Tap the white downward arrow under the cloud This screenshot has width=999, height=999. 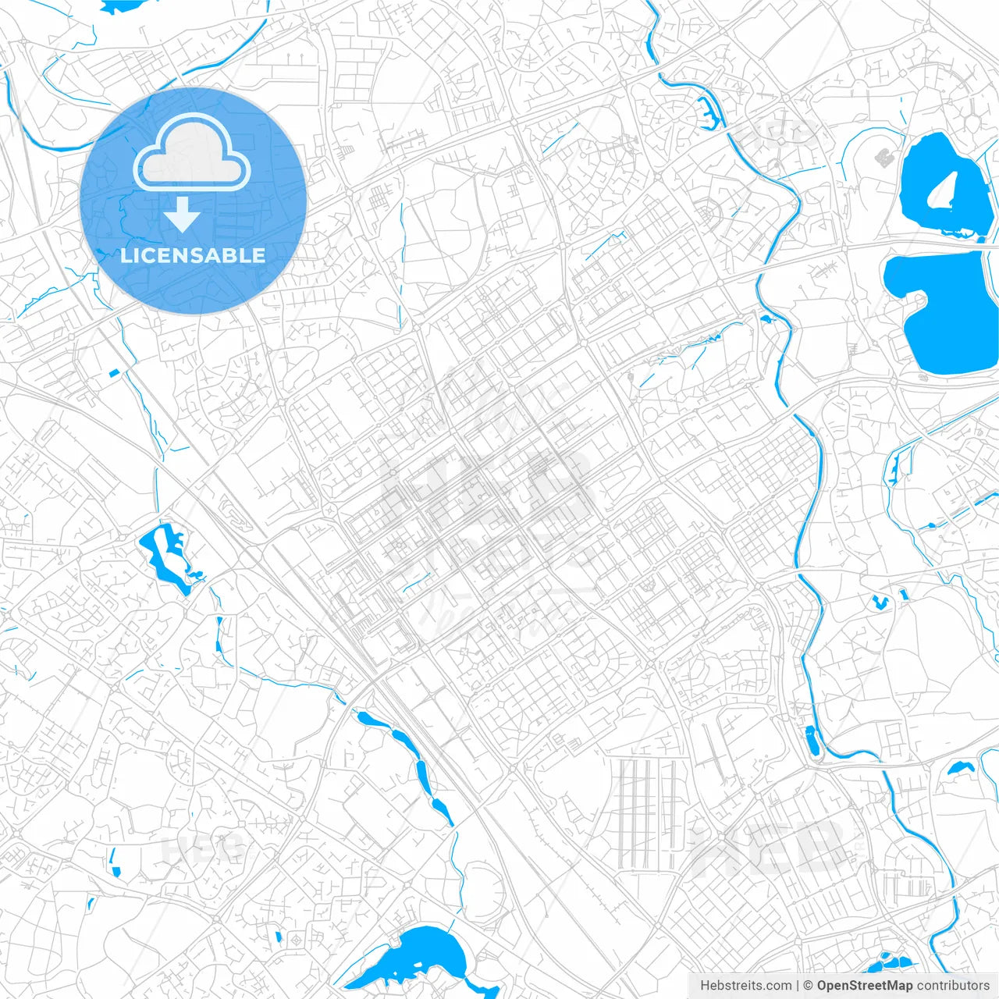click(182, 215)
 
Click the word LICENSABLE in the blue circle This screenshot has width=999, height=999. click(193, 255)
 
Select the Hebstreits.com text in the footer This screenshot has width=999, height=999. click(745, 986)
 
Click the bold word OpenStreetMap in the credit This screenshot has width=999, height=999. click(864, 986)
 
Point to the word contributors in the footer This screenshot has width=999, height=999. click(952, 986)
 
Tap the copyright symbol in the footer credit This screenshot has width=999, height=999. click(808, 986)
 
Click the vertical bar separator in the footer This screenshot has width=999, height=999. click(797, 986)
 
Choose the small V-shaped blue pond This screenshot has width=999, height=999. click(880, 602)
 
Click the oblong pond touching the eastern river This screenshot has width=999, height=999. click(812, 740)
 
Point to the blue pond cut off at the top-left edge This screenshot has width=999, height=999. click(123, 5)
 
